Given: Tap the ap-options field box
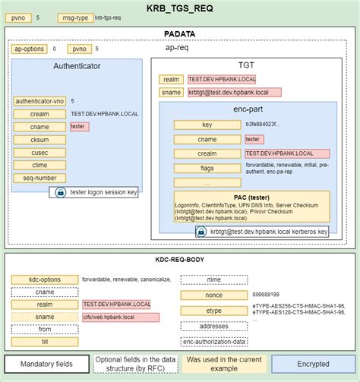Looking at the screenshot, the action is (30, 49).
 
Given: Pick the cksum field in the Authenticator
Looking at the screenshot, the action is (40, 139).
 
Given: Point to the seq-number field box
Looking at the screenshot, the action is (40, 178).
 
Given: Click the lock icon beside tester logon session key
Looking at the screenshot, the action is (60, 193).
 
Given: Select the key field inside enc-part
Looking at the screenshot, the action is (207, 125).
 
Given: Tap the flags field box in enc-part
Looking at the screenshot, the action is (207, 167).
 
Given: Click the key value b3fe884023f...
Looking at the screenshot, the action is (262, 125).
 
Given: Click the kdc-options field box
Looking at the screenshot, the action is (45, 279).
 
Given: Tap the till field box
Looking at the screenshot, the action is (45, 342).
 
